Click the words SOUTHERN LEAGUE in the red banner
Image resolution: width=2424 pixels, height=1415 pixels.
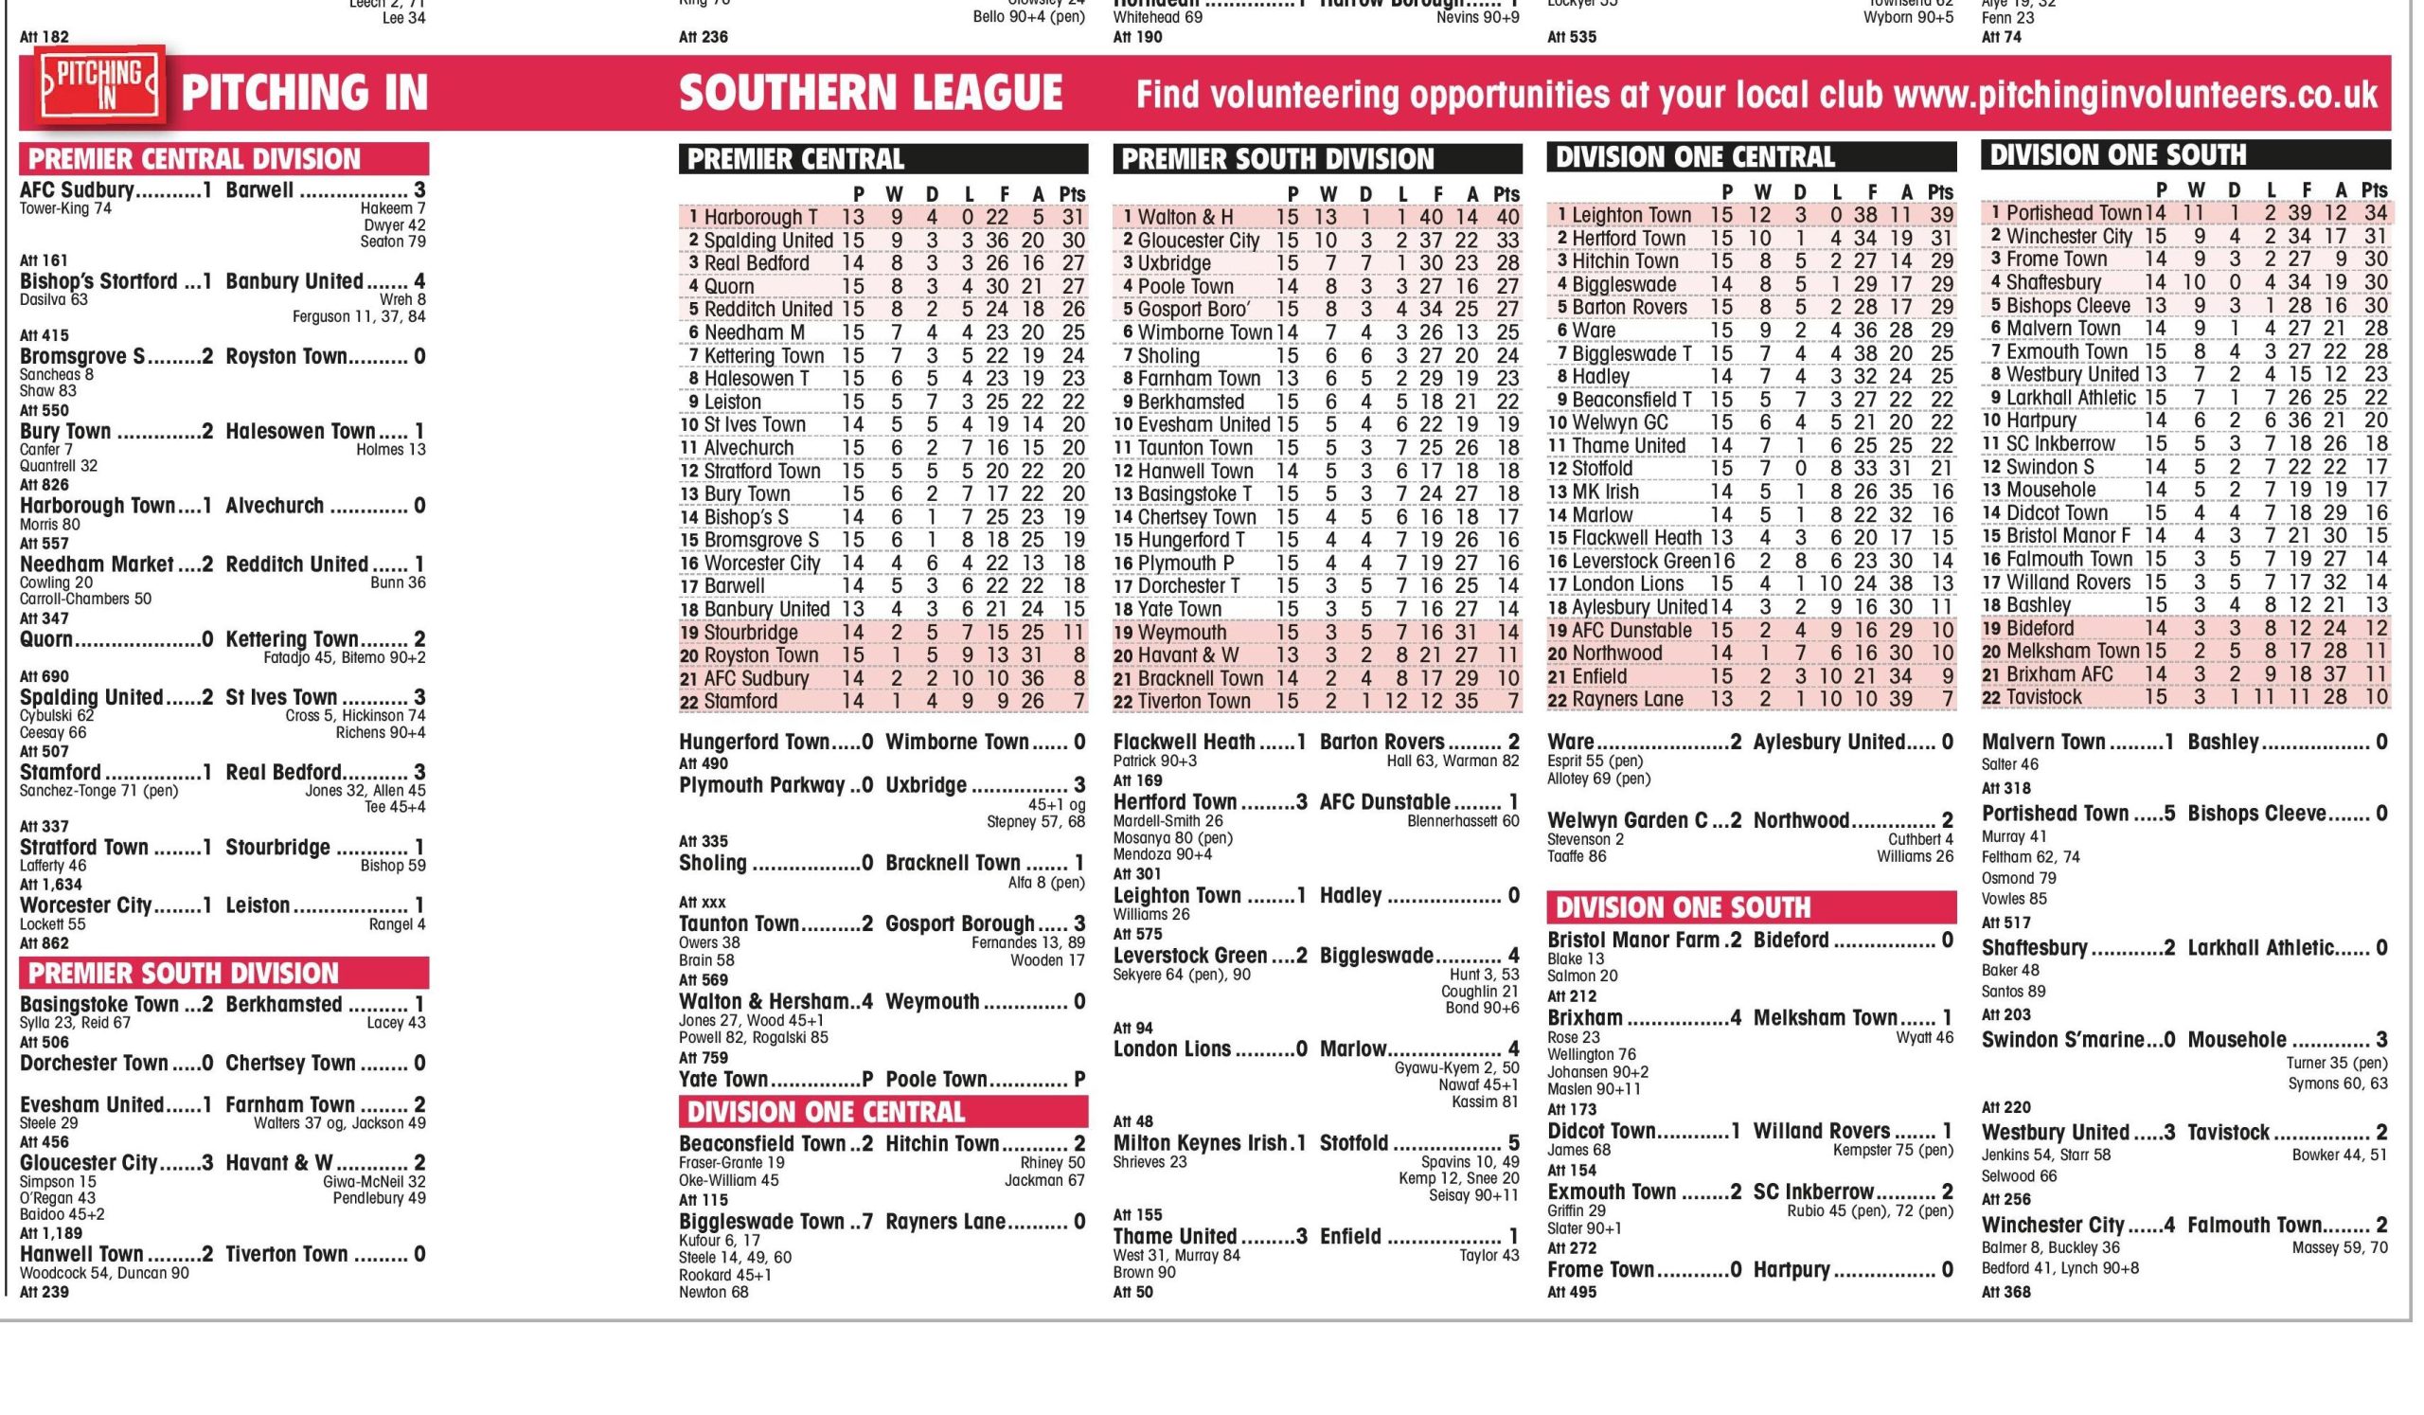point(870,94)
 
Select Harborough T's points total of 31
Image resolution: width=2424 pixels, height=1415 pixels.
point(1074,218)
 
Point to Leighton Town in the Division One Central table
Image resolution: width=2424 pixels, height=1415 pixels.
point(1631,216)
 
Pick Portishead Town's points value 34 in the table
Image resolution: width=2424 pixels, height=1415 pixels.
point(2375,212)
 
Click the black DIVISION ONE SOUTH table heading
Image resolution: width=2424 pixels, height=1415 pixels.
point(2117,155)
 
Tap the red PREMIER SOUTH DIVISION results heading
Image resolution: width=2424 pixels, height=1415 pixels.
point(184,974)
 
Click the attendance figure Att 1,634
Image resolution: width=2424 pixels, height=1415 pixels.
point(52,885)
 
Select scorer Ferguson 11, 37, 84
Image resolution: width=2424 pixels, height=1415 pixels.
point(359,316)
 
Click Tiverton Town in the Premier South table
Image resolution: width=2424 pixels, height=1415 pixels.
point(1194,701)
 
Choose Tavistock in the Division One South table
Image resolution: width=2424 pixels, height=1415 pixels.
point(2044,697)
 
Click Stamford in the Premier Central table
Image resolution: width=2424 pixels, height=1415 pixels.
point(740,701)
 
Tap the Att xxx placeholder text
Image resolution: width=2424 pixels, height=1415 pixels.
point(703,903)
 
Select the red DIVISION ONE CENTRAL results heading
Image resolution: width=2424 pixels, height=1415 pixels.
point(826,1113)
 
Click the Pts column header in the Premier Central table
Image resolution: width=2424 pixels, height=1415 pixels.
point(1073,194)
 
